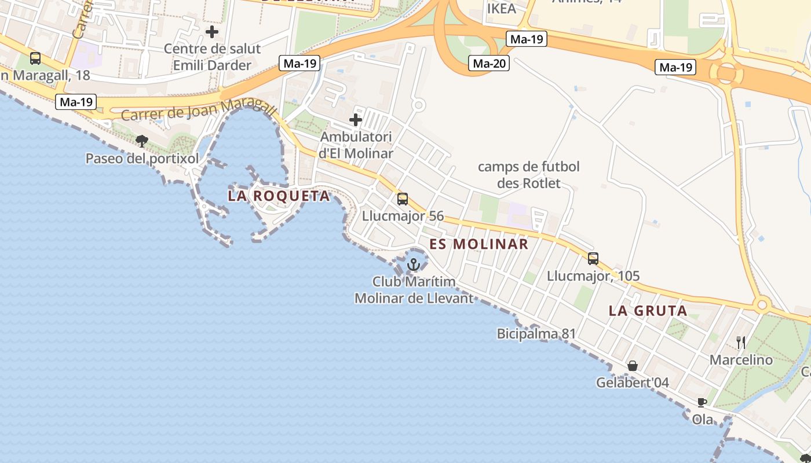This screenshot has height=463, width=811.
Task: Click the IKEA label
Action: [501, 9]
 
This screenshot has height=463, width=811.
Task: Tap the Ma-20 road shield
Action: [489, 63]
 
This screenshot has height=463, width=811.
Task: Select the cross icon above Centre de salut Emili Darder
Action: [212, 31]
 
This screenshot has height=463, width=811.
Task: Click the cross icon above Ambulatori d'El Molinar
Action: [356, 120]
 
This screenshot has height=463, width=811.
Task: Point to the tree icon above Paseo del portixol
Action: [142, 141]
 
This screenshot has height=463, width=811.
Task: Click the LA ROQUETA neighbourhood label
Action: [279, 196]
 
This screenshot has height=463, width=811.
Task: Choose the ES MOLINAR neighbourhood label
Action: [478, 244]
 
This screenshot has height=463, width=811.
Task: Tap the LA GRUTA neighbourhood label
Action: [648, 311]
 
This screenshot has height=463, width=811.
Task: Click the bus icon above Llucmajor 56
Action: [403, 199]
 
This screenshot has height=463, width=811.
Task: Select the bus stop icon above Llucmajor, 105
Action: [593, 259]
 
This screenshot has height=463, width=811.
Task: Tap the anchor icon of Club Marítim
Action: [414, 265]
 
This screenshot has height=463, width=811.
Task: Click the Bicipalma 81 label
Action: [536, 334]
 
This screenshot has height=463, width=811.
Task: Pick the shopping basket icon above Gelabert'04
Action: [633, 366]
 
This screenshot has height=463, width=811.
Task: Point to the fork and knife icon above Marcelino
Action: [741, 343]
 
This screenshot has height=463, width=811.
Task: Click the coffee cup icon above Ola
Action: [702, 402]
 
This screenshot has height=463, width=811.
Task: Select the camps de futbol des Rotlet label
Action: [528, 175]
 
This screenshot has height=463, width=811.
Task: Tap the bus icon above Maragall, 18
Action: [35, 58]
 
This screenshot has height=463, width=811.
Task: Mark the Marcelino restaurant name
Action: [741, 360]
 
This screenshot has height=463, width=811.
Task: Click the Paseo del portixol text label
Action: [142, 159]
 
